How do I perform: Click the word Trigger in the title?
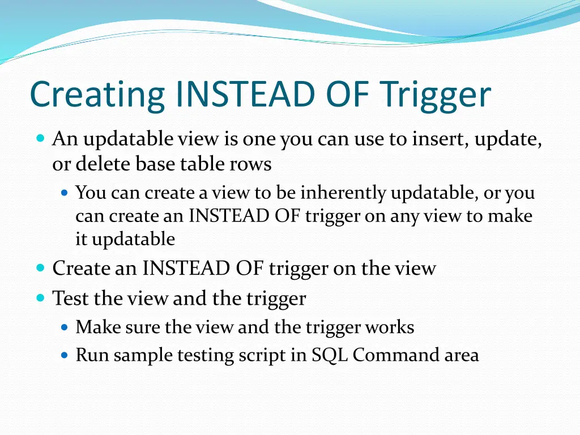pos(434,95)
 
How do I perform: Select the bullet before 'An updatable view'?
pos(40,138)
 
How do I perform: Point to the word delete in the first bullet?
pos(104,164)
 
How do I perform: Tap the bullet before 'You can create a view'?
pos(64,193)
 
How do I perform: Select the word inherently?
pos(343,193)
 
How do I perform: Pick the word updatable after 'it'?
pos(133,239)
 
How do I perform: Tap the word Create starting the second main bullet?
pos(82,268)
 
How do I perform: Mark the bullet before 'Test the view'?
pos(40,298)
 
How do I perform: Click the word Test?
pos(71,298)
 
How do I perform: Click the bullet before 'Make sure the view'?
pos(64,327)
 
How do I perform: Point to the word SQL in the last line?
pos(330,356)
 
